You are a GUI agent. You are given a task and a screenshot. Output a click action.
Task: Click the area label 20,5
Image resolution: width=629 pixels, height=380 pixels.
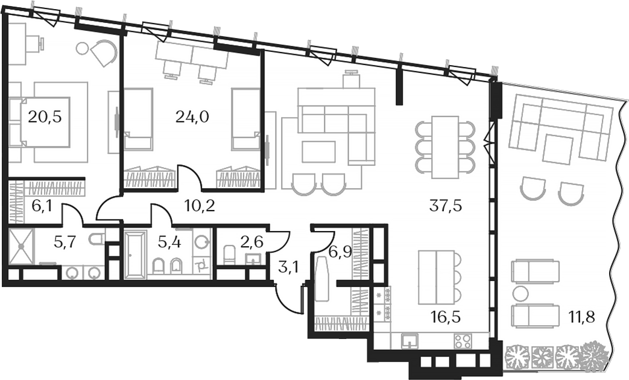[x=44, y=116]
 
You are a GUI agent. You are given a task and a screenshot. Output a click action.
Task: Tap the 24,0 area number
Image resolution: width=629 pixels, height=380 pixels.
[x=192, y=116]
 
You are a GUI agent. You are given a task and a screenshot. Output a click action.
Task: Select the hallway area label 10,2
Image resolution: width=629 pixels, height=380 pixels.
[x=200, y=206]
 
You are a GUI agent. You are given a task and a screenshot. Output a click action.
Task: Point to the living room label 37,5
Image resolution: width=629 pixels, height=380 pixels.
[x=446, y=206]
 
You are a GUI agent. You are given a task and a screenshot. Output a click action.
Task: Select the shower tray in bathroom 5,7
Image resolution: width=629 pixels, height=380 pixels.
[x=22, y=247]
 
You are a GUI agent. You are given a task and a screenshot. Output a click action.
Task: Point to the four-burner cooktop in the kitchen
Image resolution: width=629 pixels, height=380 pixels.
[x=463, y=341]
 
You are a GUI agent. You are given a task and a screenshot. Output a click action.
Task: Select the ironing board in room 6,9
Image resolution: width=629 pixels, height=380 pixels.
[x=322, y=277]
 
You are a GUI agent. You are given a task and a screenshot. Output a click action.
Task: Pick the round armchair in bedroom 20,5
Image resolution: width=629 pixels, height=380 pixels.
[x=103, y=52]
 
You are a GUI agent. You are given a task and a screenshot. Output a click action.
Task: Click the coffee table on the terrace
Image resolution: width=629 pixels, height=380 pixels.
[x=558, y=149]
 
